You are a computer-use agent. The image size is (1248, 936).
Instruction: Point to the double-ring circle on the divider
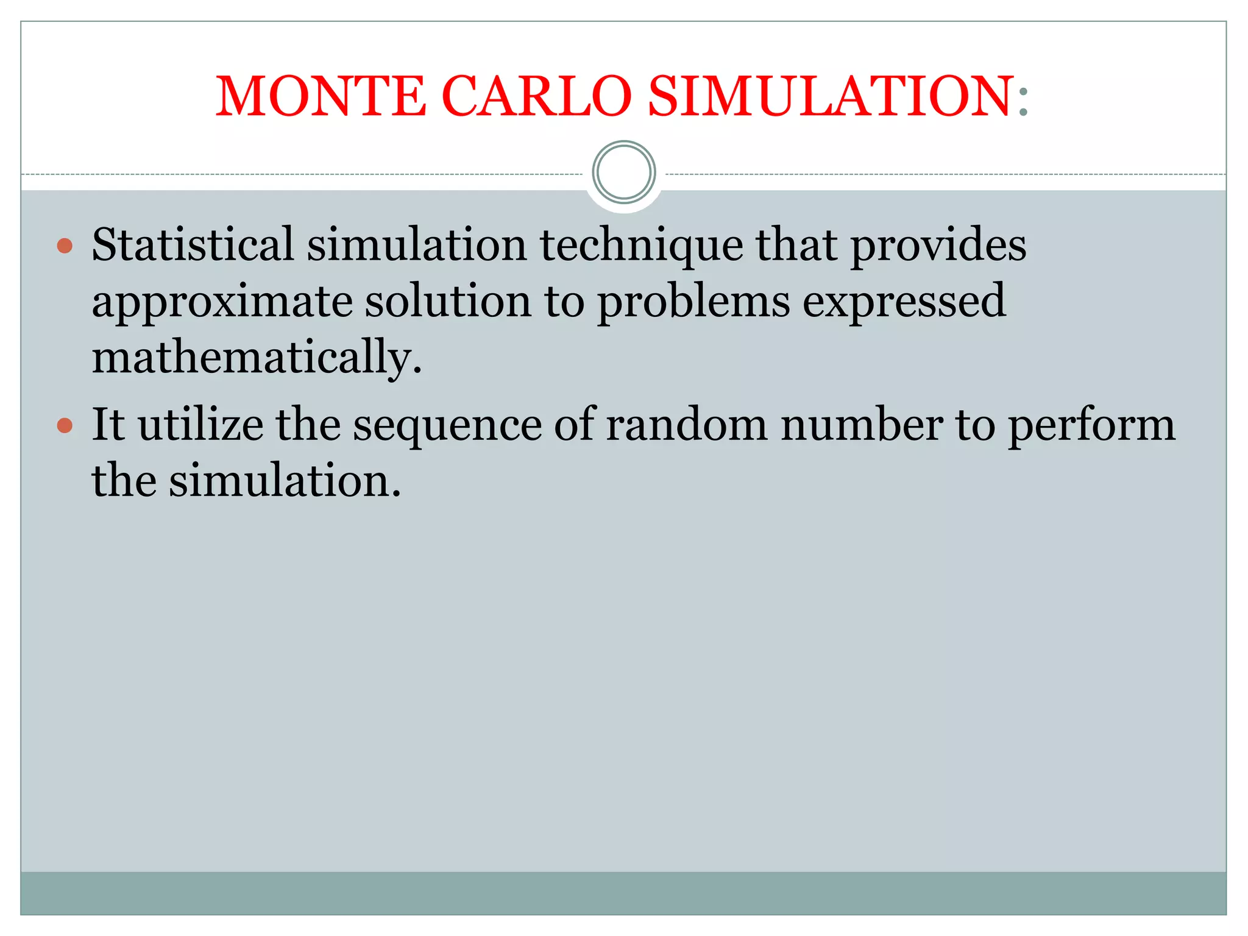click(624, 172)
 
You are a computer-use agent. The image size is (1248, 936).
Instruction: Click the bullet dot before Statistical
click(65, 246)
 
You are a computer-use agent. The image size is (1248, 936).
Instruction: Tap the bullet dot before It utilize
click(65, 425)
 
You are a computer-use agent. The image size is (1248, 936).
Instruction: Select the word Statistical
click(193, 244)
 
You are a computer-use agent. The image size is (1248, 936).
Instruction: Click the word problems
click(693, 302)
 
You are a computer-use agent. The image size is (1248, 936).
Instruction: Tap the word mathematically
click(256, 358)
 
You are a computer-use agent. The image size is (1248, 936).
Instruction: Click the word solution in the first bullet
click(448, 300)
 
